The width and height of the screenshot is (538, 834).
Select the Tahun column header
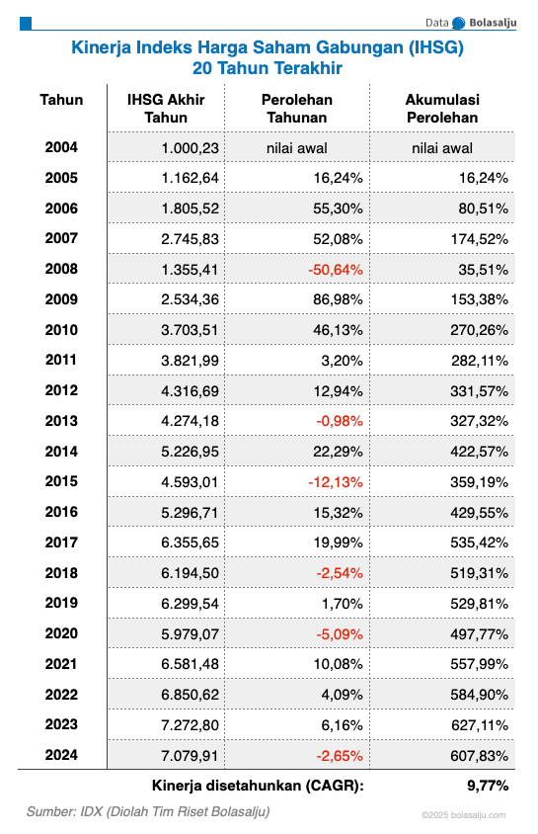click(61, 100)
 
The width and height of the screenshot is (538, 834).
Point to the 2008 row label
click(61, 269)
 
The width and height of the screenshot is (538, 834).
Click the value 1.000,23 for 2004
click(191, 148)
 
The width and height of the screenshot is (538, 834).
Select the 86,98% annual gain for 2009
click(337, 299)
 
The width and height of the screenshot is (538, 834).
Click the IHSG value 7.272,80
click(191, 724)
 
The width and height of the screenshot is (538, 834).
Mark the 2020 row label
click(61, 633)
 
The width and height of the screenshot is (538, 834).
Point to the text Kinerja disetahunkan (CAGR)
click(258, 786)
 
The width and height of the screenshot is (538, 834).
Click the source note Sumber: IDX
click(148, 811)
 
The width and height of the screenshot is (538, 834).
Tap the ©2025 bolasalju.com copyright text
click(463, 815)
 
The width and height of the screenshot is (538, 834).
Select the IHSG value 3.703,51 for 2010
click(191, 330)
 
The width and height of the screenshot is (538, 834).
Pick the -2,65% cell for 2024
click(337, 755)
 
